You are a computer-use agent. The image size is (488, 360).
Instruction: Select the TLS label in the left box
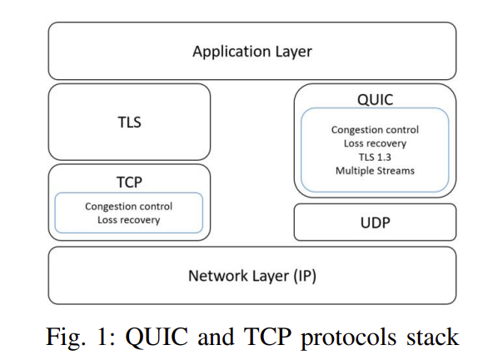pyautogui.click(x=129, y=122)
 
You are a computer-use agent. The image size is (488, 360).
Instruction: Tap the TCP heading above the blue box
pyautogui.click(x=129, y=182)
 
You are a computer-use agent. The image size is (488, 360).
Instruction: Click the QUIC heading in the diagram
pyautogui.click(x=375, y=100)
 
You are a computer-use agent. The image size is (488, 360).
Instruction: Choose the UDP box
pyautogui.click(x=375, y=222)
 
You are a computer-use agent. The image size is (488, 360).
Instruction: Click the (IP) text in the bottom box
pyautogui.click(x=305, y=276)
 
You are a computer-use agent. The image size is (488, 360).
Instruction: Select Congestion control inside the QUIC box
pyautogui.click(x=375, y=130)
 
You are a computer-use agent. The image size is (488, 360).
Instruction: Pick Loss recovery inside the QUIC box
pyautogui.click(x=375, y=143)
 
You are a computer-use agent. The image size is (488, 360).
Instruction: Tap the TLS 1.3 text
pyautogui.click(x=375, y=157)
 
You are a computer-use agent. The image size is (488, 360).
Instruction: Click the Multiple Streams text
pyautogui.click(x=375, y=171)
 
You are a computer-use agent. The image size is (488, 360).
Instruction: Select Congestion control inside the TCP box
pyautogui.click(x=128, y=207)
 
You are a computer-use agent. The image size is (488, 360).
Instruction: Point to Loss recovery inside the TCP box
pyautogui.click(x=128, y=220)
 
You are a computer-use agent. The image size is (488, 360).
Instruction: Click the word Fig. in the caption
pyautogui.click(x=66, y=337)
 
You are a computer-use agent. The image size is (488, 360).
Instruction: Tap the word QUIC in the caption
pyautogui.click(x=157, y=337)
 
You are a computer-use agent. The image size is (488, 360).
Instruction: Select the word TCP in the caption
pyautogui.click(x=267, y=337)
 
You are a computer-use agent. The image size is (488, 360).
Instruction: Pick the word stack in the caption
pyautogui.click(x=433, y=337)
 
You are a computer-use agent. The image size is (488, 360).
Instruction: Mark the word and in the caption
pyautogui.click(x=216, y=337)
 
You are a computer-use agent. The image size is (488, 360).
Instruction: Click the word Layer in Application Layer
pyautogui.click(x=293, y=52)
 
